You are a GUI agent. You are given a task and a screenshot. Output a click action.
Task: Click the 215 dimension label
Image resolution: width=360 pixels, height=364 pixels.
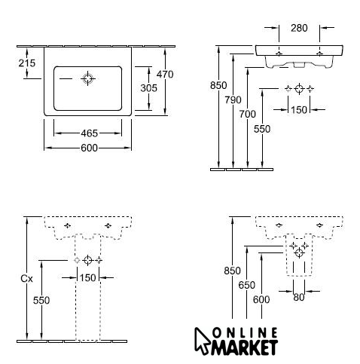pyautogui.click(x=27, y=63)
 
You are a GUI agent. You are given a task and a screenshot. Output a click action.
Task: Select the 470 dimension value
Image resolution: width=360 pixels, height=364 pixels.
pyautogui.click(x=165, y=75)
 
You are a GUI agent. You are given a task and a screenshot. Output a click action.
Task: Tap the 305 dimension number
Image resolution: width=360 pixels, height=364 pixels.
pyautogui.click(x=148, y=88)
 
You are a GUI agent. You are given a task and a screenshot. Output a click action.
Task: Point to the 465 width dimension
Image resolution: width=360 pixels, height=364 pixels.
pyautogui.click(x=89, y=133)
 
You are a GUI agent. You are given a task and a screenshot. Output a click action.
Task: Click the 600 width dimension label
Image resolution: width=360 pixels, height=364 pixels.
pyautogui.click(x=89, y=148)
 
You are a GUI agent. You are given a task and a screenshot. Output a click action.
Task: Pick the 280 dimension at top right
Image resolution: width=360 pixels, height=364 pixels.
pyautogui.click(x=299, y=28)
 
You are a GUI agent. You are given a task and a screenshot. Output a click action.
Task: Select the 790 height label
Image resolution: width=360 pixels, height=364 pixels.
pyautogui.click(x=233, y=100)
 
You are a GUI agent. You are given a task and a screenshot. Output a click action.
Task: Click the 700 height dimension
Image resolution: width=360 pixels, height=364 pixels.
pyautogui.click(x=247, y=115)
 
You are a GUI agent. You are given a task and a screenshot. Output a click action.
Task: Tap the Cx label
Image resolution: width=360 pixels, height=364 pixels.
pyautogui.click(x=26, y=279)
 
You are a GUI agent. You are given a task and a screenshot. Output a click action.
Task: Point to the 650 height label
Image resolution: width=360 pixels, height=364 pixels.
pyautogui.click(x=247, y=285)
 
